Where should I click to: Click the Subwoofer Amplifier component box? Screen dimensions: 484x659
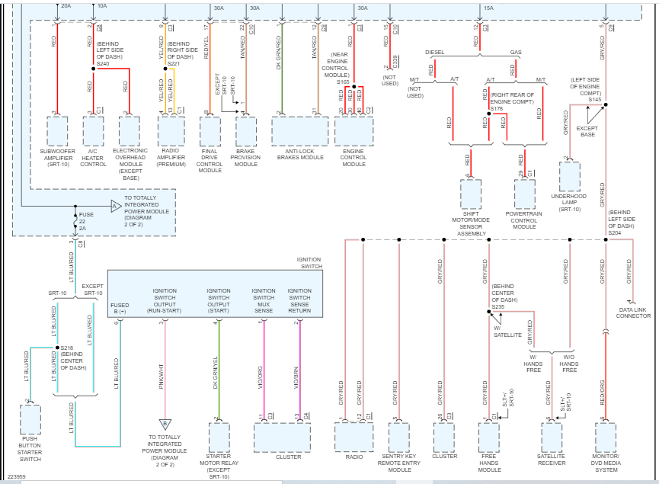pyautogui.click(x=57, y=130)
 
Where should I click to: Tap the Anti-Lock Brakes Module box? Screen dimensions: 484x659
pyautogui.click(x=299, y=130)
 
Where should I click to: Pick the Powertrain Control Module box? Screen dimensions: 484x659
pyautogui.click(x=524, y=194)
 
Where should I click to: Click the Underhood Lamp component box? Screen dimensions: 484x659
pyautogui.click(x=569, y=176)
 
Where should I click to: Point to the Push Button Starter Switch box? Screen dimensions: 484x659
pyautogui.click(x=30, y=419)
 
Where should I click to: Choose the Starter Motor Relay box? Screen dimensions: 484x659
pyautogui.click(x=219, y=438)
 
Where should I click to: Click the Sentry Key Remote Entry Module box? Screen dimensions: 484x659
pyautogui.click(x=399, y=438)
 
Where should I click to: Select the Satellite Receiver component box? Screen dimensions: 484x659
pyautogui.click(x=552, y=438)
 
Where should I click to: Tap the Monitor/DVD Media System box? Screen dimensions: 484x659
pyautogui.click(x=606, y=438)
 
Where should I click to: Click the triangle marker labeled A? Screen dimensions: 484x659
pyautogui.click(x=116, y=206)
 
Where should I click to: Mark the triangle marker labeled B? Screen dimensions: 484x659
pyautogui.click(x=164, y=424)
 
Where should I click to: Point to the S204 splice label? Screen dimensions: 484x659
pyautogui.click(x=616, y=232)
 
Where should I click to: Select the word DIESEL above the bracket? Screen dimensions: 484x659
pyautogui.click(x=434, y=52)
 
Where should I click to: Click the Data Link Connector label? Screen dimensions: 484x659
pyautogui.click(x=634, y=313)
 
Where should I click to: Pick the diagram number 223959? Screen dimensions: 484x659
pyautogui.click(x=17, y=476)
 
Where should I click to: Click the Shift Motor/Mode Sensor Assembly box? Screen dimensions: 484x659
pyautogui.click(x=471, y=194)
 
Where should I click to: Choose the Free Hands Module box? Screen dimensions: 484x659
pyautogui.click(x=489, y=438)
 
